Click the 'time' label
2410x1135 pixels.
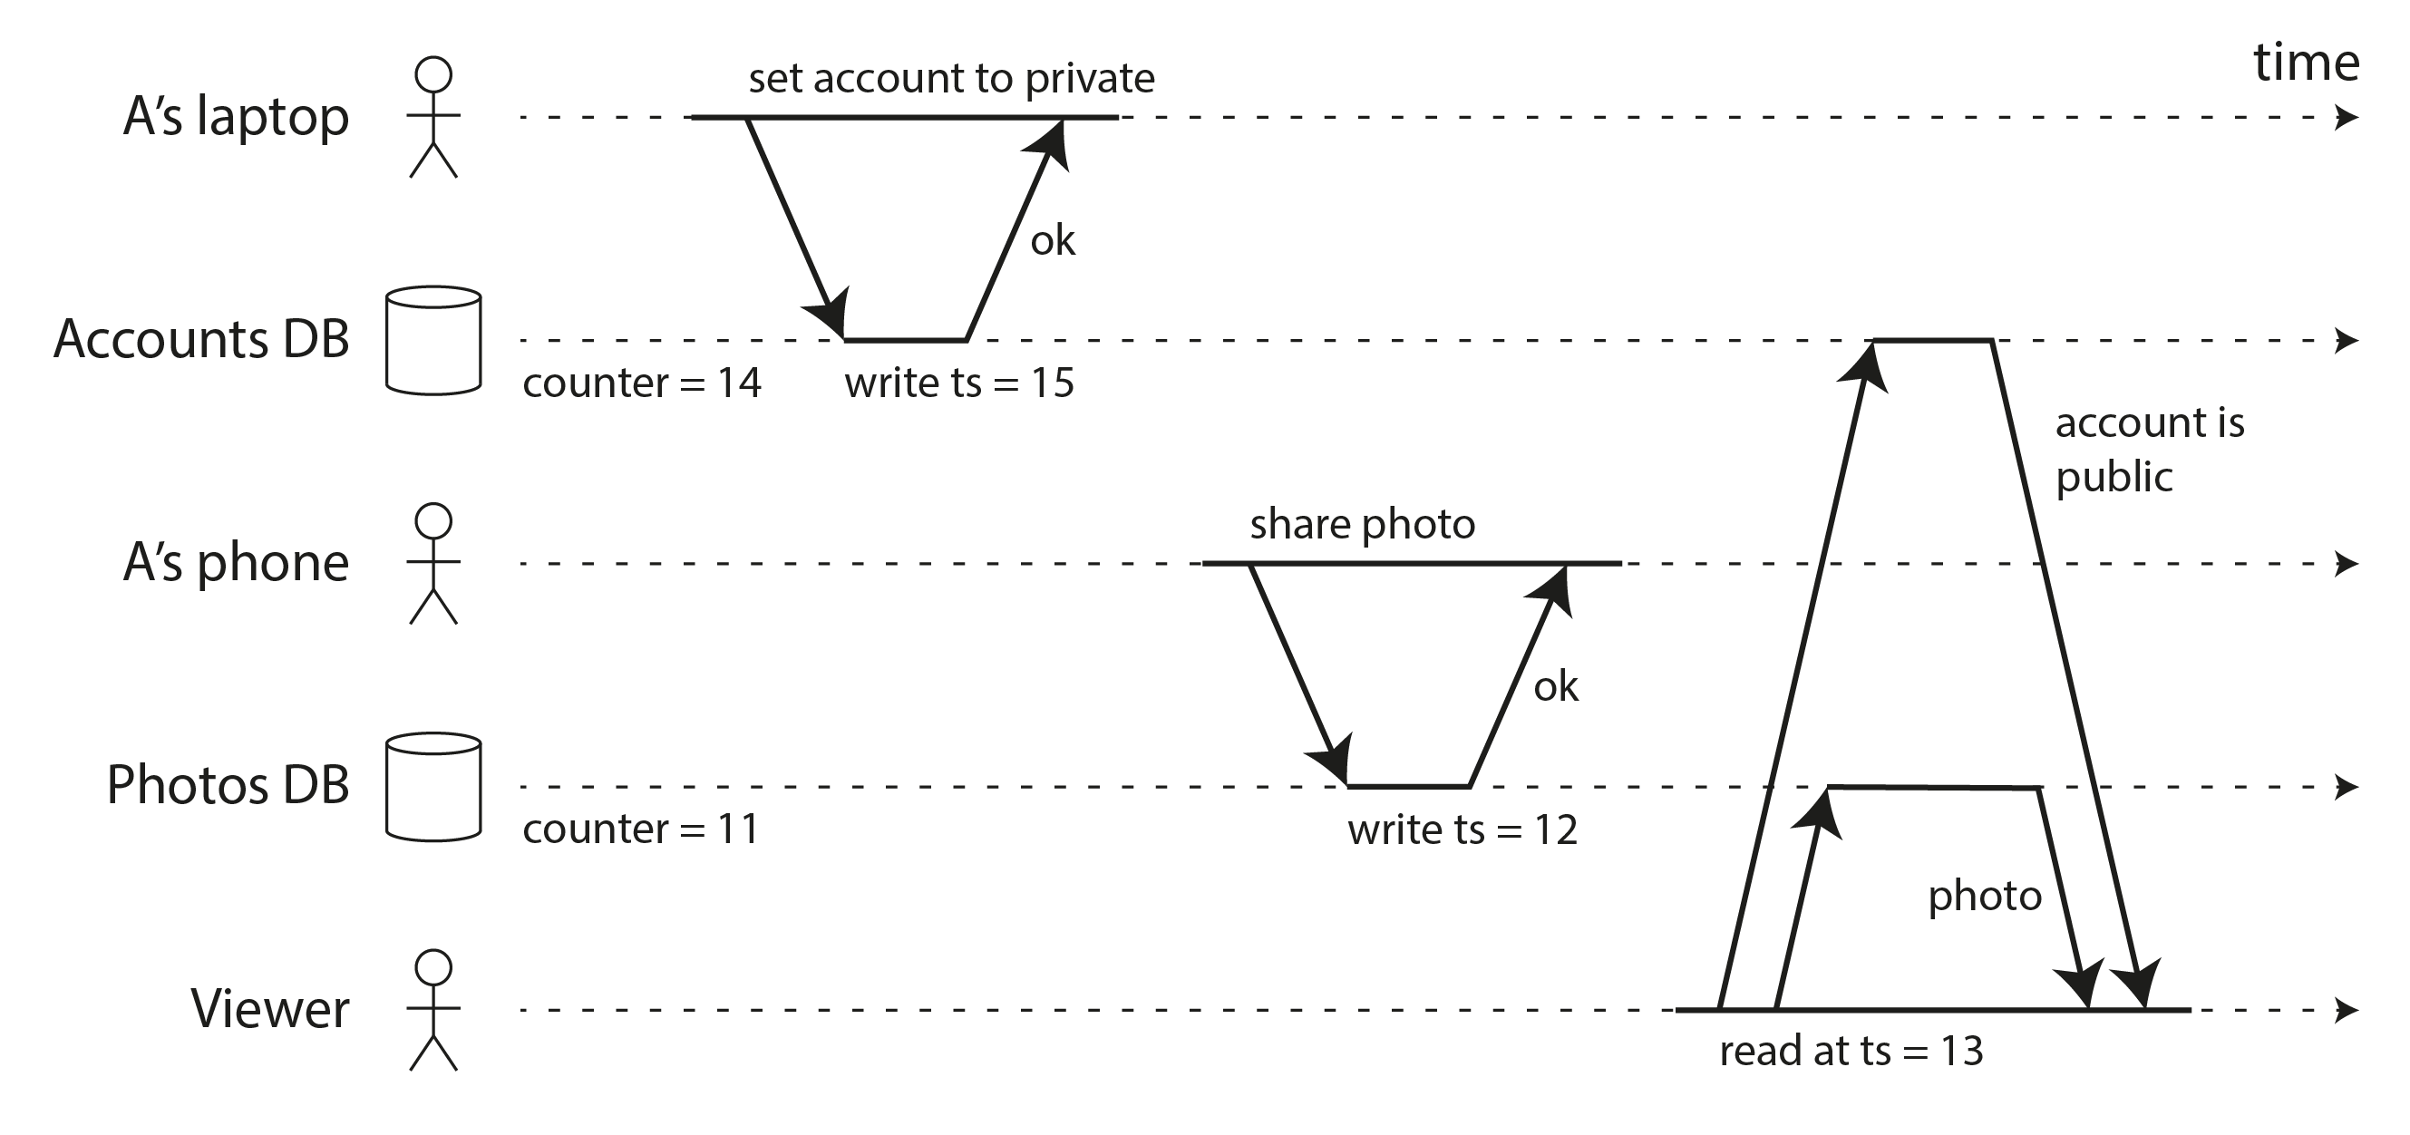point(2305,63)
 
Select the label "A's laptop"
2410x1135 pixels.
point(236,117)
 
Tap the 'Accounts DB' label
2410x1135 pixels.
point(201,339)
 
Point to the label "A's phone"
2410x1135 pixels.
point(236,562)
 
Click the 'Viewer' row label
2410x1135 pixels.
point(269,1009)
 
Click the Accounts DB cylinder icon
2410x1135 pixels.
point(433,339)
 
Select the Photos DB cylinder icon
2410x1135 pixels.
point(433,786)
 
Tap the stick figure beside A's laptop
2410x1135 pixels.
point(433,118)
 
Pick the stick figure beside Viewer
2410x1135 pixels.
point(433,1011)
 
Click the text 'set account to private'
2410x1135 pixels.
point(950,79)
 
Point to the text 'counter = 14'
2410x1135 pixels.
point(642,383)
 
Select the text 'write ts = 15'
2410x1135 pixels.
point(959,383)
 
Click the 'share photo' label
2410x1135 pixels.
point(1362,525)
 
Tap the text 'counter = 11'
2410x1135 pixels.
point(641,829)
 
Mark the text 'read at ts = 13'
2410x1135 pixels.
point(1851,1051)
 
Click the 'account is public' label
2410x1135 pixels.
point(2149,449)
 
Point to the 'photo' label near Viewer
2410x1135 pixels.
point(1985,897)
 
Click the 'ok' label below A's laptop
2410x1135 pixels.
point(1053,241)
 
